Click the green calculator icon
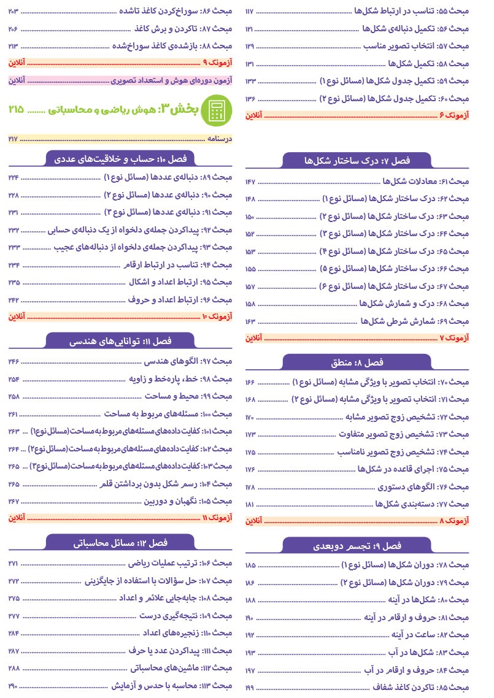coord(216,109)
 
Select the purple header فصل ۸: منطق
coord(357,362)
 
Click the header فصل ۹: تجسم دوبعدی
coord(357,545)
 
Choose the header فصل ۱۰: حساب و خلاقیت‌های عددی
coord(121,159)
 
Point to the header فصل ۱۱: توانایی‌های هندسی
coord(121,340)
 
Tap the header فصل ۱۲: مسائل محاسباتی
coord(121,543)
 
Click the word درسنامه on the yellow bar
coord(222,139)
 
